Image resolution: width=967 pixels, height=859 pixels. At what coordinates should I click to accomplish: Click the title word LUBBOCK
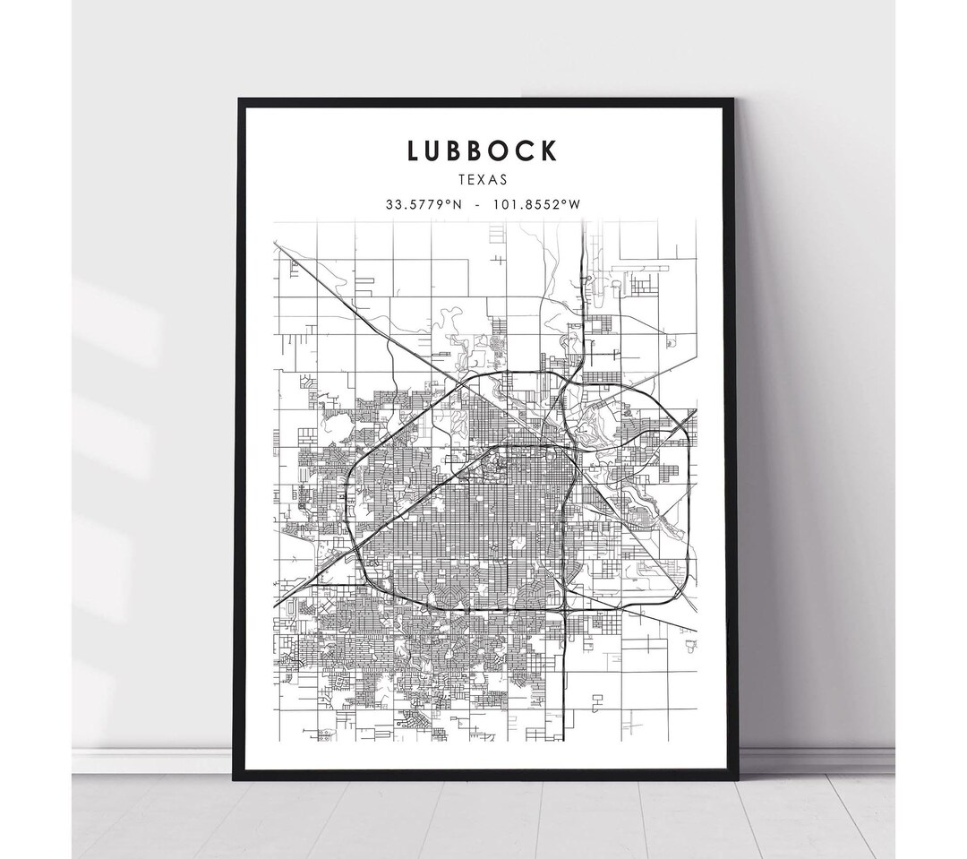[483, 150]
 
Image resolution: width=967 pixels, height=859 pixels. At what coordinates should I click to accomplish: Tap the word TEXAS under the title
[483, 180]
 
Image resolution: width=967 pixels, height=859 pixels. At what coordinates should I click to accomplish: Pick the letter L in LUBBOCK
[414, 150]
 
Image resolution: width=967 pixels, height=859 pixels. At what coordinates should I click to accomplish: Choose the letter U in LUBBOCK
[436, 150]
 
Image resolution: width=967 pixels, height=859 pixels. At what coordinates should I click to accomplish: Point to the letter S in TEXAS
[504, 180]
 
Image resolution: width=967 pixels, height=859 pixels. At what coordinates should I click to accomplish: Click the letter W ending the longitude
[576, 204]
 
